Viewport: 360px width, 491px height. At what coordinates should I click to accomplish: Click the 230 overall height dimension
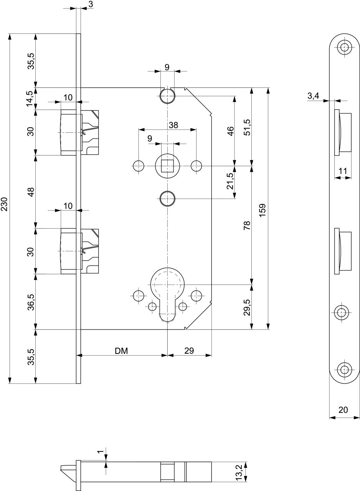point(4,204)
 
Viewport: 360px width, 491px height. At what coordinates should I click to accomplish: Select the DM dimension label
point(121,351)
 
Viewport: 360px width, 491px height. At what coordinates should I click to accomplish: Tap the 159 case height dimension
point(263,211)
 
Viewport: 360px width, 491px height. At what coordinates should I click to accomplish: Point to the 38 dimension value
point(173,125)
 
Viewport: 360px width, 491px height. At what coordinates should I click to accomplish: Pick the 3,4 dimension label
point(313,96)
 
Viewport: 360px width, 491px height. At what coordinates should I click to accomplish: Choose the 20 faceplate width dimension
point(343,410)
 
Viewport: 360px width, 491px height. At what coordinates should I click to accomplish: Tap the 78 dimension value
point(247,225)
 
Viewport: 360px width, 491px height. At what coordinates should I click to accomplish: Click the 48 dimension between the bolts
point(31,192)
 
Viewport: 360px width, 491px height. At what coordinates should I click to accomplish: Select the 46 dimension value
point(231,131)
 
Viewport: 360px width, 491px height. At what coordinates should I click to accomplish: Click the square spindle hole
point(167,166)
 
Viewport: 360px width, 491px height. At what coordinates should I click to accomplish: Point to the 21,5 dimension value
point(230,181)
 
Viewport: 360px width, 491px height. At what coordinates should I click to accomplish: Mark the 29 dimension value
point(189,351)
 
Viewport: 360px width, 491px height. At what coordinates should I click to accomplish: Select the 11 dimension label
point(343,171)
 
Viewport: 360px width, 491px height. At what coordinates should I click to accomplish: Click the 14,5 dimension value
point(30,99)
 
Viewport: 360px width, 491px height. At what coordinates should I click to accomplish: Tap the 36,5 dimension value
point(31,302)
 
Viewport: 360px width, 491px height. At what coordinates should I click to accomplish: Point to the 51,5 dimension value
point(247,127)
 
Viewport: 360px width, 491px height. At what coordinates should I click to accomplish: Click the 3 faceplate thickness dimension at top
point(91,4)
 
